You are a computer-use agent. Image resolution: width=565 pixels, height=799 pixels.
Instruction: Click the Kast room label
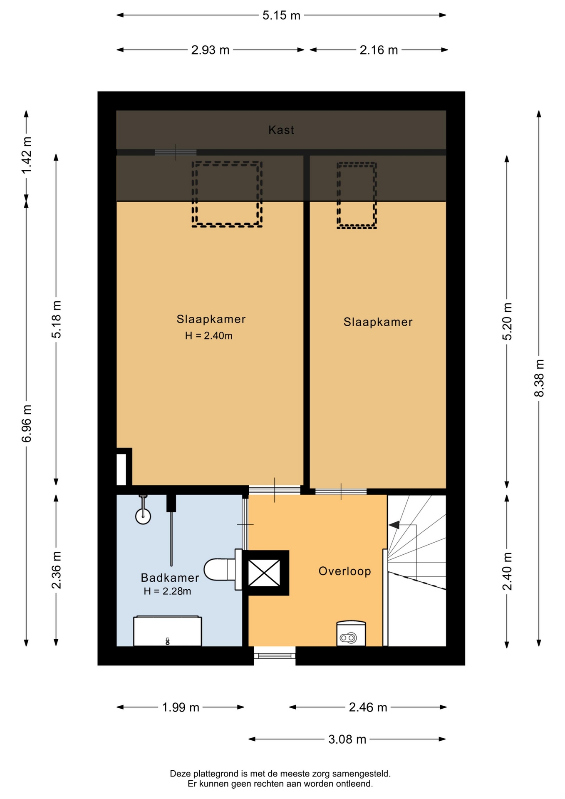click(281, 130)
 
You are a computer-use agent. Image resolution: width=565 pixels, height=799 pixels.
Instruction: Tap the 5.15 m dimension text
click(281, 15)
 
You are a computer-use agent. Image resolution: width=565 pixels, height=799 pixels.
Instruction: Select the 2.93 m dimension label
click(210, 50)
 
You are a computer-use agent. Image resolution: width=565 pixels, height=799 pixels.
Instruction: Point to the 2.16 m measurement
click(379, 50)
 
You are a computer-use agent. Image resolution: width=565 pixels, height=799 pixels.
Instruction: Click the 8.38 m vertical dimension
click(539, 378)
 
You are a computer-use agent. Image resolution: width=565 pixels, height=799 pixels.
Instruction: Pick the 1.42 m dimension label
click(27, 155)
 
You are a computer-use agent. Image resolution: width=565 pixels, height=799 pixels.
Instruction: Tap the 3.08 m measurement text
click(347, 739)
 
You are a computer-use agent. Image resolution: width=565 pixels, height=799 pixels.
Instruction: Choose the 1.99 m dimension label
click(181, 707)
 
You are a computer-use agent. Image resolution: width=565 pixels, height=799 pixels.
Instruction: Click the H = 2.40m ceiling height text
click(209, 335)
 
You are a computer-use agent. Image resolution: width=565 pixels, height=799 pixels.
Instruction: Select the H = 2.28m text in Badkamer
click(167, 591)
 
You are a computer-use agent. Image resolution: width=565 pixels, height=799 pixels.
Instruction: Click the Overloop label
click(344, 571)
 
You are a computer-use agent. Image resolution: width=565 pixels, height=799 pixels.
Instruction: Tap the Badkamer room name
click(170, 578)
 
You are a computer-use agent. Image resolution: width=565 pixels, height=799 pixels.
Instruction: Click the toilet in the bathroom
click(222, 569)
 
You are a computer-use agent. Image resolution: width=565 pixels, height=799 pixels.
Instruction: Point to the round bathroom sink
click(143, 516)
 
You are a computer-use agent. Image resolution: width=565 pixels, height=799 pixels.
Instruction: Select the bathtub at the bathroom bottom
click(167, 631)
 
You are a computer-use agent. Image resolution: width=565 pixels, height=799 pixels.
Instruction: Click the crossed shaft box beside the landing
click(264, 573)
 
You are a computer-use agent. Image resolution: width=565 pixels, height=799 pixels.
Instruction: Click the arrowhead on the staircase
click(394, 525)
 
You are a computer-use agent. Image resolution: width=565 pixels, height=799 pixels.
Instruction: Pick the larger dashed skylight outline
click(227, 194)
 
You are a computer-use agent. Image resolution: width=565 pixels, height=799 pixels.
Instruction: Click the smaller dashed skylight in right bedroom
click(357, 195)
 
